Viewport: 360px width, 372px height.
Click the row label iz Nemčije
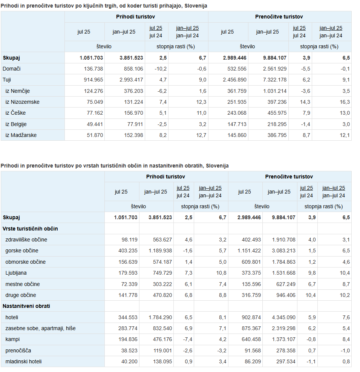18,91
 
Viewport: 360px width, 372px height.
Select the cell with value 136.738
92,69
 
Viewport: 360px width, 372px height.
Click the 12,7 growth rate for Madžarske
202,135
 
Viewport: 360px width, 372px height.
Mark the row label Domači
12,69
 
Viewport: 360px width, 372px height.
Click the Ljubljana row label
16,273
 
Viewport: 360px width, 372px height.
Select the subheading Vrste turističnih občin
30,229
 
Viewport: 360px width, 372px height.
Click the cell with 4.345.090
283,317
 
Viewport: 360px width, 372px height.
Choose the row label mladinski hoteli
23,361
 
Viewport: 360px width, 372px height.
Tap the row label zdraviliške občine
26,240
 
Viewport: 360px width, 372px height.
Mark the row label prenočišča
18,350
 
